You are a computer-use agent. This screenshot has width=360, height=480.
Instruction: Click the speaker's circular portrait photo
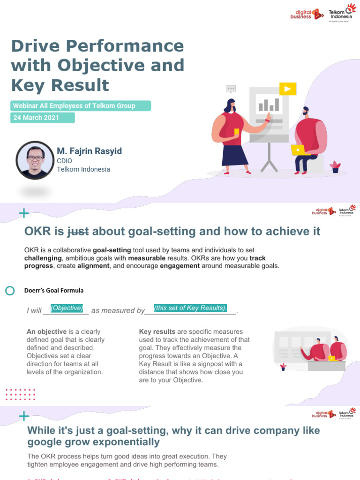coord(35,160)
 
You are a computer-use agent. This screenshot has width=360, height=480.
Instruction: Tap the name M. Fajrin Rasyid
coord(89,151)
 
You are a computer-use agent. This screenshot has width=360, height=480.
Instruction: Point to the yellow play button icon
coord(287,89)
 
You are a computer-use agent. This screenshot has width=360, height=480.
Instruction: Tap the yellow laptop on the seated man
coord(299,150)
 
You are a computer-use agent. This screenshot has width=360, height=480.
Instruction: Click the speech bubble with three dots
coord(231,88)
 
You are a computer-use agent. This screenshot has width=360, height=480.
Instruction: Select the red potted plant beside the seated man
coord(335,166)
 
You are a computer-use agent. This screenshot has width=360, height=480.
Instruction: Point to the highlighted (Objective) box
coord(67,308)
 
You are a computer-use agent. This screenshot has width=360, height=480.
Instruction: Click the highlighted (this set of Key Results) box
coord(190,308)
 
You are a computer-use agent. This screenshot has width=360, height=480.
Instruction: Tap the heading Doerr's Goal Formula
coord(54,291)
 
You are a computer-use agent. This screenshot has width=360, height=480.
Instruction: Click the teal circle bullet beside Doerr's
coord(10,291)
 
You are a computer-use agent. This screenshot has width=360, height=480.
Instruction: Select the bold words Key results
coord(157,332)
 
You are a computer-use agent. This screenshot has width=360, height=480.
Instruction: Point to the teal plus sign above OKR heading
coord(23,214)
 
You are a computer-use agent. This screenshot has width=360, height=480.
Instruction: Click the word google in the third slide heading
coord(49,442)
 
